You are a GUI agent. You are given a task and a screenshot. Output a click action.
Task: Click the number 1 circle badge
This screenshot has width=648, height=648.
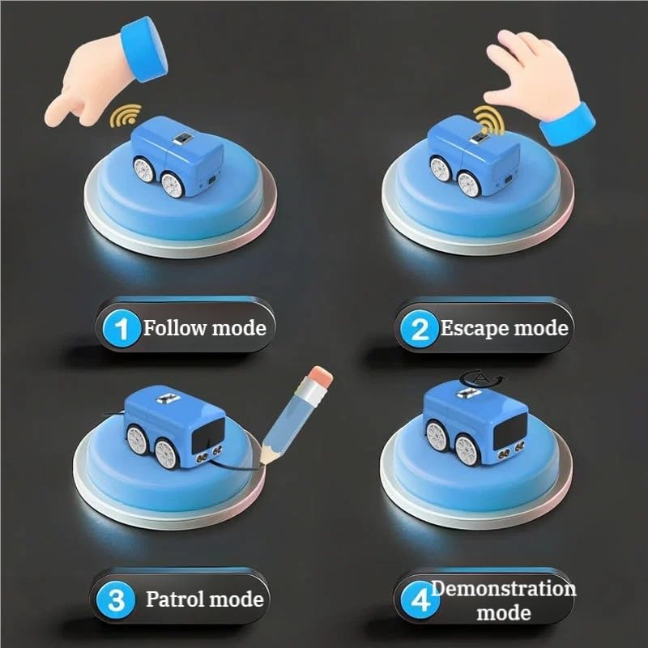pyautogui.click(x=122, y=328)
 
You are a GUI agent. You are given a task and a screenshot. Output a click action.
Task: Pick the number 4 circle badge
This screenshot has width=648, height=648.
pyautogui.click(x=419, y=600)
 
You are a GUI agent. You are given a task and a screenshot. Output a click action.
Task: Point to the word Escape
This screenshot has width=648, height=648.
pyautogui.click(x=473, y=328)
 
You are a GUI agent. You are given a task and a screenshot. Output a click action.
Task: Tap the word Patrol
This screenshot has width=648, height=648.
pyautogui.click(x=176, y=599)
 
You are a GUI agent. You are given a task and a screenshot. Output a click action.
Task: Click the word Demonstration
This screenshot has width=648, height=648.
pyautogui.click(x=503, y=588)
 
